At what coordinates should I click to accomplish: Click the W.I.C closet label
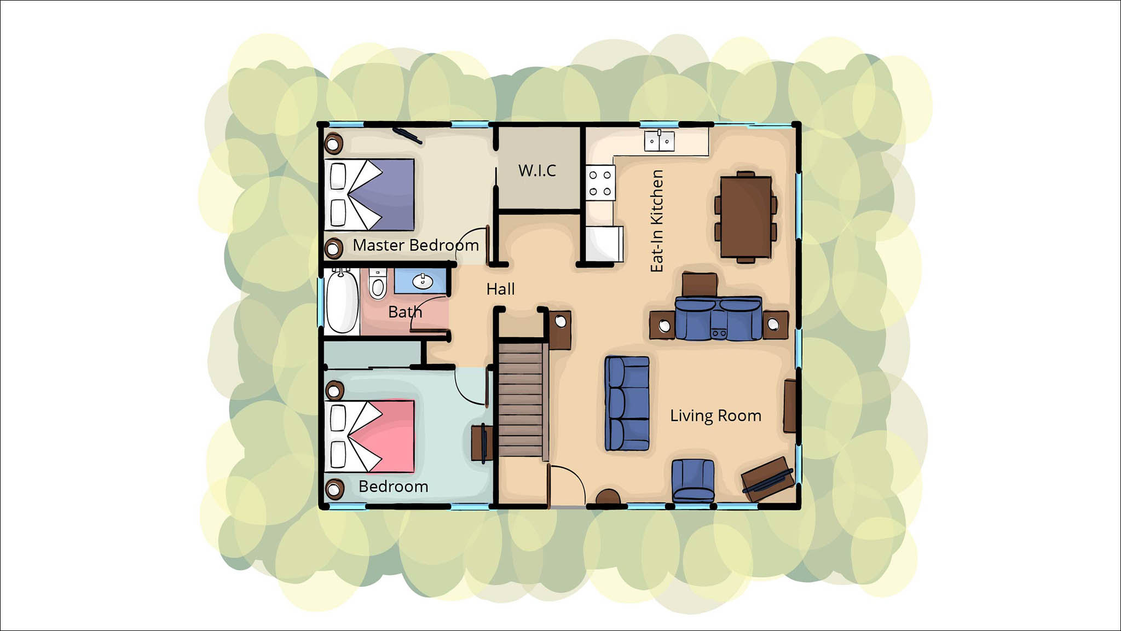[x=537, y=171]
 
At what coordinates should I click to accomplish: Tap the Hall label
[x=500, y=289]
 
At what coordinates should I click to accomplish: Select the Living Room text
[x=715, y=416]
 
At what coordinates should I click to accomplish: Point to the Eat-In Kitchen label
[x=657, y=221]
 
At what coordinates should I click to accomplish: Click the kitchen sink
[x=659, y=141]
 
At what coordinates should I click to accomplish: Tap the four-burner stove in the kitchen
[x=600, y=183]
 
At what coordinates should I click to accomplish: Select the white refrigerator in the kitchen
[x=604, y=244]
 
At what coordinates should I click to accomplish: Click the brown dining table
[x=746, y=217]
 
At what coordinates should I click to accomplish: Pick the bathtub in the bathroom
[x=343, y=301]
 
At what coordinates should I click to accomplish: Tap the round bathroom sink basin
[x=422, y=281]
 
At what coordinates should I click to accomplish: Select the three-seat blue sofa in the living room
[x=627, y=403]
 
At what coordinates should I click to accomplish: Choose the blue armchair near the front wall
[x=693, y=481]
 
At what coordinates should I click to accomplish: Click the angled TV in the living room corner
[x=768, y=478]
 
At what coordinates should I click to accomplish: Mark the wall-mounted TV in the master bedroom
[x=407, y=136]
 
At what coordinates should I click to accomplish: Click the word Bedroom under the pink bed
[x=394, y=487]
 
